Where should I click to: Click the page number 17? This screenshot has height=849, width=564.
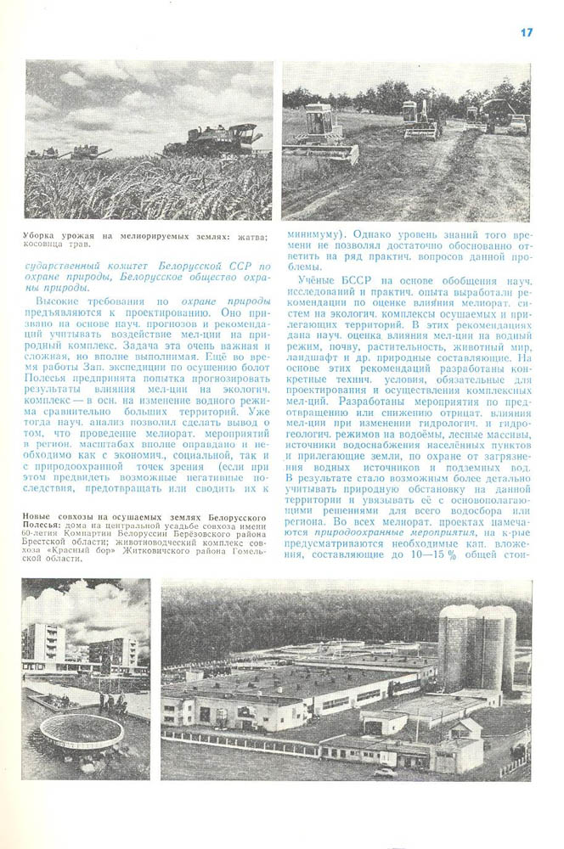(x=527, y=32)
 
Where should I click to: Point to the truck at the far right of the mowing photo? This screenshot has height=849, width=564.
(x=516, y=124)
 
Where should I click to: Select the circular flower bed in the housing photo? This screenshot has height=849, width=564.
(x=82, y=728)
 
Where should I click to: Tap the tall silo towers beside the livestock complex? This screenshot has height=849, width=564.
(x=477, y=645)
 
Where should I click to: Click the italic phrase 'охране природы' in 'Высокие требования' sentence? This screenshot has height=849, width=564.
(x=220, y=301)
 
